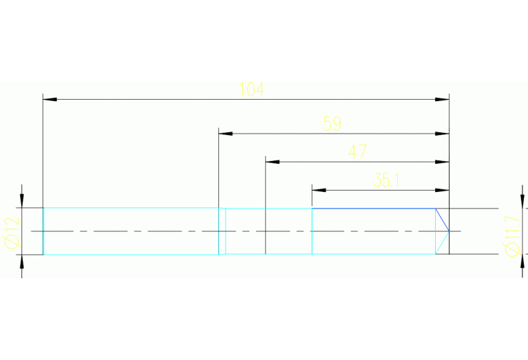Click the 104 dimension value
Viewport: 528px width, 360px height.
pos(251,89)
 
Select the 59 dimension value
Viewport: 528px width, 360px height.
pos(332,124)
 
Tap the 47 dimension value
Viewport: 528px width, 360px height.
pos(357,152)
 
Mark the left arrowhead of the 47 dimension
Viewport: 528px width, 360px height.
pos(272,162)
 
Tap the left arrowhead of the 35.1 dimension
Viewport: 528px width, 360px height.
pos(319,190)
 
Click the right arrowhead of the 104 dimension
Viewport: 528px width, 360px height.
pos(443,100)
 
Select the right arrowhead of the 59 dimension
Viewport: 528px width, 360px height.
pos(443,134)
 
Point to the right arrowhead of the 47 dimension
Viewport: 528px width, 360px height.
pos(443,162)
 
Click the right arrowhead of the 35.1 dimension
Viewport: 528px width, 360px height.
pos(443,190)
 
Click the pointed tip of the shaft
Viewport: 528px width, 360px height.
pos(449,231)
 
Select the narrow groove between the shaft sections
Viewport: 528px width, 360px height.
pos(222,231)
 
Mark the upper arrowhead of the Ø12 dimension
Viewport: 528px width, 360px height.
pos(22,200)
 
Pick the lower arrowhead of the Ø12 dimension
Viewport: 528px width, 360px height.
pos(22,262)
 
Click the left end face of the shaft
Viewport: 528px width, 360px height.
pos(43,231)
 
